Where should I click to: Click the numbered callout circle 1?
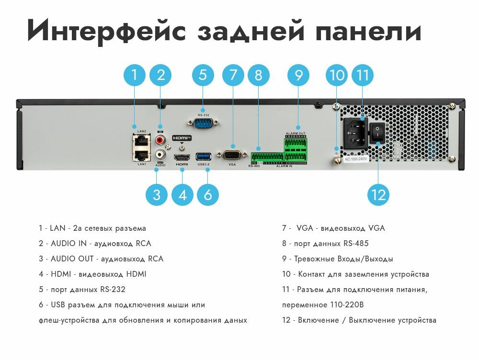135,75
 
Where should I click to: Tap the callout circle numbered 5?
203,75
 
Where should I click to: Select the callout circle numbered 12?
378,195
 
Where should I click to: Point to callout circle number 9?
298,75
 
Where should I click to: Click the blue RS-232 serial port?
203,124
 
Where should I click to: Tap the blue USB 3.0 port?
204,157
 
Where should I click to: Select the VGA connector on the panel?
232,155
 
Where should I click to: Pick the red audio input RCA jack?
160,139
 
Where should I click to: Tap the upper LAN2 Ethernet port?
142,140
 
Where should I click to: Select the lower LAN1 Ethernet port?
142,155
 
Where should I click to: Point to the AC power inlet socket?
355,133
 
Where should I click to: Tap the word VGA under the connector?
232,164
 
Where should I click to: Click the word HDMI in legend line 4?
61,274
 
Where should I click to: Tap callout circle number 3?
157,195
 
